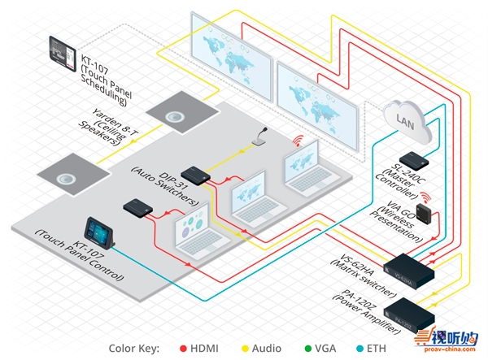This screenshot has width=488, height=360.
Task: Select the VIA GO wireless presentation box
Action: point(424,212)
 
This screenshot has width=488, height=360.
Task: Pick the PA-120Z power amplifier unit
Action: point(413,309)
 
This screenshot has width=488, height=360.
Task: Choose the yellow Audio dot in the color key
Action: point(245,348)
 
